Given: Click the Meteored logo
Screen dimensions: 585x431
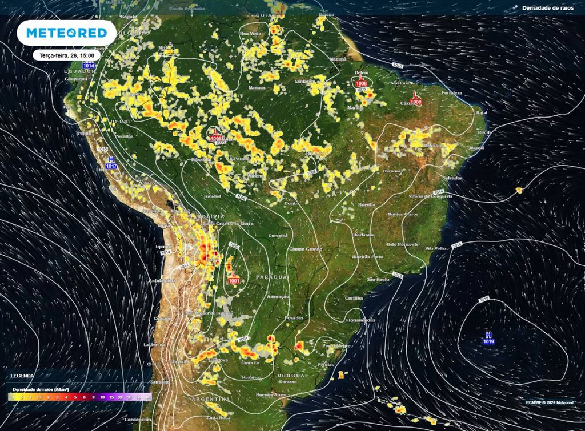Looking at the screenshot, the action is point(66,33).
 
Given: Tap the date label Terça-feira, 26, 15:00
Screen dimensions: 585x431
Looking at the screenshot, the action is point(66,55).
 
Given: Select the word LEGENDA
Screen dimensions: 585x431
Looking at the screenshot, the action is point(22,376).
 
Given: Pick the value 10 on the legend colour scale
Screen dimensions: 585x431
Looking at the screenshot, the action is point(102,396).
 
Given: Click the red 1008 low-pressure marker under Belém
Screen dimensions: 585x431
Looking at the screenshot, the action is point(361,84).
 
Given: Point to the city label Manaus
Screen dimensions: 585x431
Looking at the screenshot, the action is point(258,88).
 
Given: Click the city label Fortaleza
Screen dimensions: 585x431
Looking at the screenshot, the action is point(451,92).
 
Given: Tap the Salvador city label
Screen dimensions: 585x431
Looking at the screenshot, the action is point(452,178).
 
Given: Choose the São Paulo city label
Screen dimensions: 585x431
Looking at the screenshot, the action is point(378,279).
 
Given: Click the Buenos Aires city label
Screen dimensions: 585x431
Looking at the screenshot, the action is point(271,395).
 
